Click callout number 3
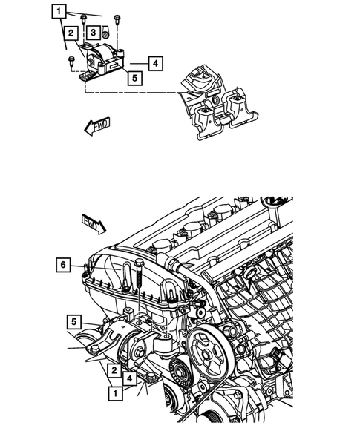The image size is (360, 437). (92, 33)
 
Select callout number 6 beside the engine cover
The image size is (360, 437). (64, 264)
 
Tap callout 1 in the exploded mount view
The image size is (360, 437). (59, 11)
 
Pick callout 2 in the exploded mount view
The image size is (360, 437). (71, 33)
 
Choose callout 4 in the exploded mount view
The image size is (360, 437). (154, 63)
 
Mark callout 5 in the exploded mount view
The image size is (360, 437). (134, 75)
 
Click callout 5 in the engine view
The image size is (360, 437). (74, 321)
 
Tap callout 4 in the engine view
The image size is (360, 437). (130, 379)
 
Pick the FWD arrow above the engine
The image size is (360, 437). (93, 221)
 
